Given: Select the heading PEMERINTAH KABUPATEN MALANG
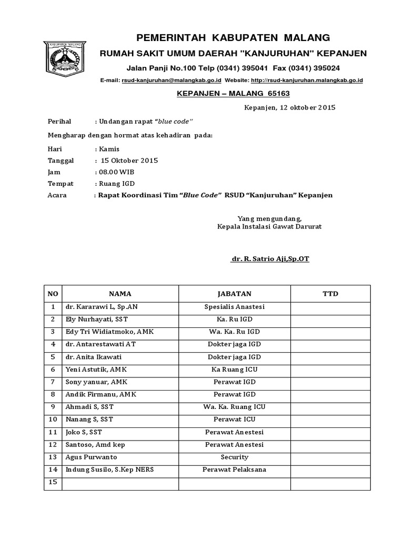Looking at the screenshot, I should click(x=234, y=37).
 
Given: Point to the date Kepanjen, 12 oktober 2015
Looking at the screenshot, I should click(x=290, y=107).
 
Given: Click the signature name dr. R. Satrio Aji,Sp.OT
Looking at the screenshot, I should click(x=270, y=259).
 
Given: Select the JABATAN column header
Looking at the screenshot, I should click(x=235, y=293).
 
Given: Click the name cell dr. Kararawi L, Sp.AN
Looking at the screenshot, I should click(x=98, y=306).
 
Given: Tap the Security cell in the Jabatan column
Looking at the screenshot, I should click(x=235, y=457).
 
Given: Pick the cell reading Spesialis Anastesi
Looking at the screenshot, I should click(x=235, y=306).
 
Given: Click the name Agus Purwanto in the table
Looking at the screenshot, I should click(x=91, y=457).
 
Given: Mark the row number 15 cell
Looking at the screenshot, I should click(x=53, y=482).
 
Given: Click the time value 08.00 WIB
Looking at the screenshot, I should click(x=114, y=172).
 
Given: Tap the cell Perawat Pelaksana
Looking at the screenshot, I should click(x=235, y=470).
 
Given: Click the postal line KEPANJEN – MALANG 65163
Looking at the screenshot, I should click(x=233, y=93).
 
